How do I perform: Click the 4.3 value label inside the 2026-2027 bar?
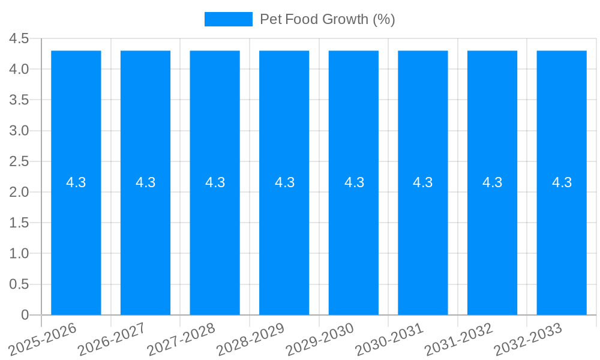pyautogui.click(x=145, y=182)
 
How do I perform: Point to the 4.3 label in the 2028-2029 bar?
pyautogui.click(x=284, y=182)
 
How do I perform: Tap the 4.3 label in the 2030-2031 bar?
pyautogui.click(x=423, y=182)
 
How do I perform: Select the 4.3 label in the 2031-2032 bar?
pyautogui.click(x=493, y=182)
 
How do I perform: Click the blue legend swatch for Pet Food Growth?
pyautogui.click(x=228, y=19)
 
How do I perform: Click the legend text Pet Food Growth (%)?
pyautogui.click(x=327, y=19)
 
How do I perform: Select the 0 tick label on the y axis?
pyautogui.click(x=25, y=315)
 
